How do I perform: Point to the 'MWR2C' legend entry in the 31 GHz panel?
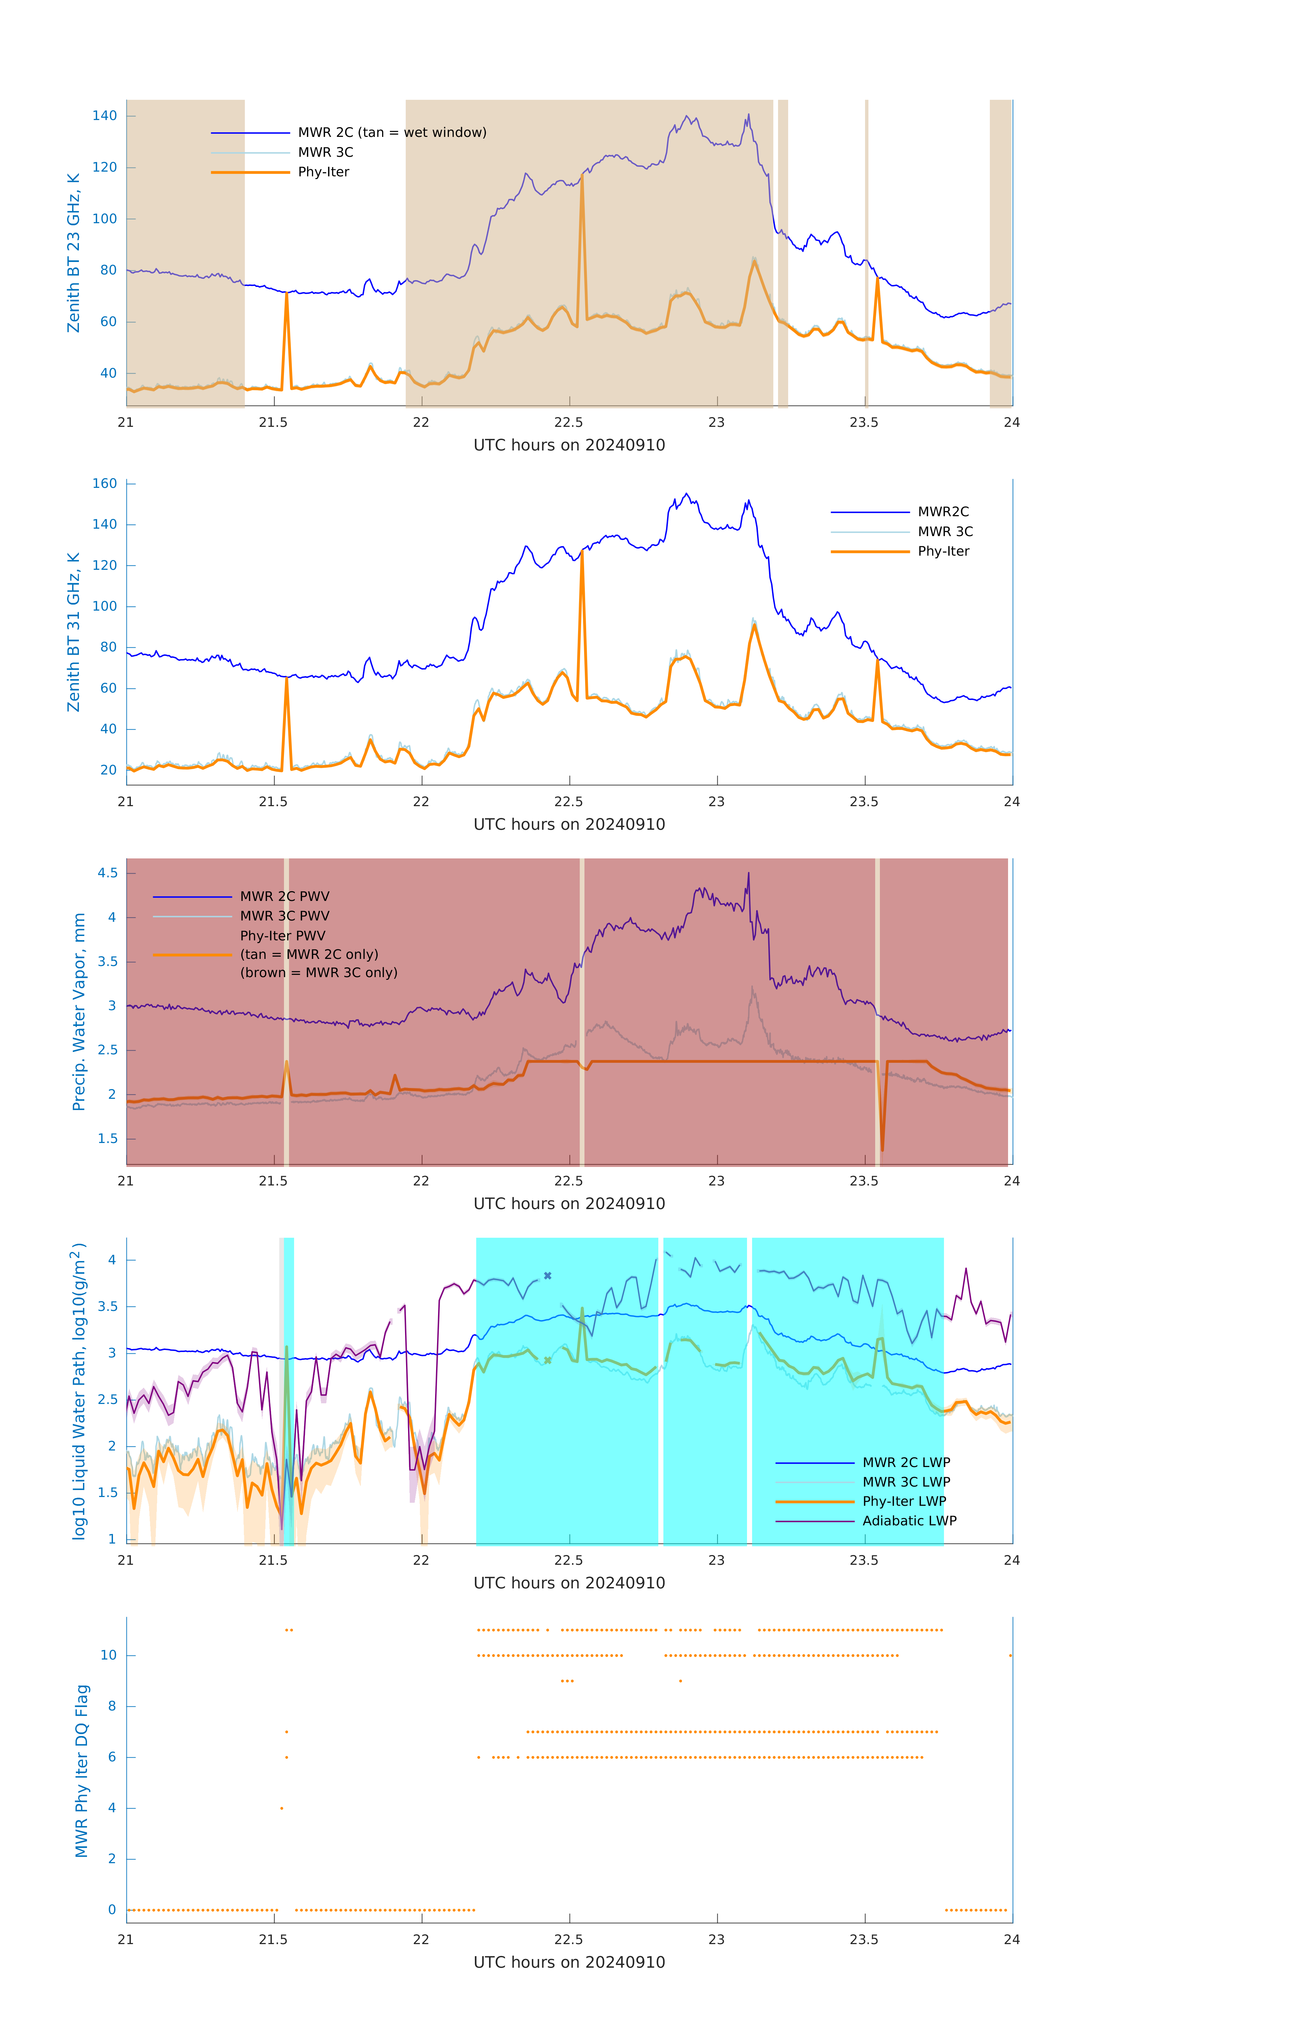coord(943,511)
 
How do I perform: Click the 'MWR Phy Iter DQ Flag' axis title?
coord(82,1771)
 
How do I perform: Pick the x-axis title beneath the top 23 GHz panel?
coord(569,445)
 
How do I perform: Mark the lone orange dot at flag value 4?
coord(282,1808)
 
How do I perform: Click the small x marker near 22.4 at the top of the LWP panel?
coord(548,1275)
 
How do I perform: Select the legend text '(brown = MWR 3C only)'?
coord(318,973)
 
